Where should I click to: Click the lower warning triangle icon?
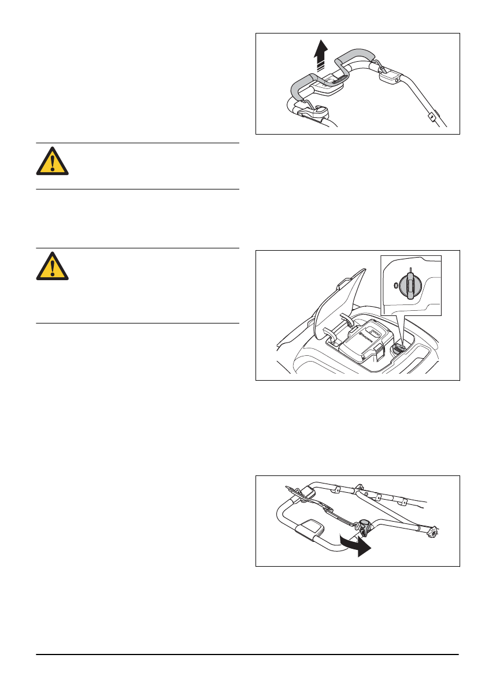(52, 266)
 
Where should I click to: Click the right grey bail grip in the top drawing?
(356, 57)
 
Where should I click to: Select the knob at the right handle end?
(434, 530)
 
